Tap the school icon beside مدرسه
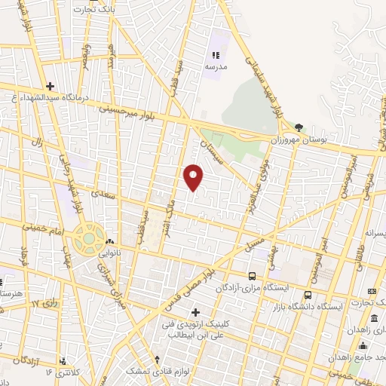tap(216, 54)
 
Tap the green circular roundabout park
tap(89, 239)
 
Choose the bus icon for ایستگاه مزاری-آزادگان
tap(252, 275)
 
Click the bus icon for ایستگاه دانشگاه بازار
tap(308, 295)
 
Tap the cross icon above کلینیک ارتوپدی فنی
tap(195, 312)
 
